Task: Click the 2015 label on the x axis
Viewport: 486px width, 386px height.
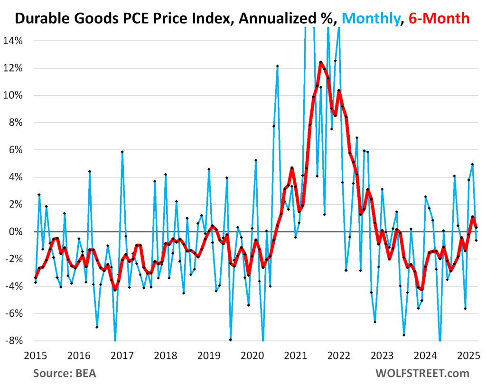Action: pyautogui.click(x=36, y=355)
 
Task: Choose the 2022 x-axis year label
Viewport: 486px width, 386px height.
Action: pyautogui.click(x=339, y=355)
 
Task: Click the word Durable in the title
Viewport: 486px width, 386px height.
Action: pyautogui.click(x=40, y=18)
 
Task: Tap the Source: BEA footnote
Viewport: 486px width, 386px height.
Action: pyautogui.click(x=65, y=373)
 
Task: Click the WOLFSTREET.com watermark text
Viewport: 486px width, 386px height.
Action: pyautogui.click(x=421, y=373)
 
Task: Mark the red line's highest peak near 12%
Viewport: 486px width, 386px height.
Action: pyautogui.click(x=321, y=62)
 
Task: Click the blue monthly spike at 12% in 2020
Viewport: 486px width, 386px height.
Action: pyautogui.click(x=277, y=66)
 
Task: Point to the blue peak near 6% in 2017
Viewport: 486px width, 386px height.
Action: pyautogui.click(x=122, y=152)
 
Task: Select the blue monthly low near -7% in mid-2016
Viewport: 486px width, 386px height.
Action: pyautogui.click(x=97, y=327)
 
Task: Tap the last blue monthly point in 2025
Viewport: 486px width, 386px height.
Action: pyautogui.click(x=476, y=240)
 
